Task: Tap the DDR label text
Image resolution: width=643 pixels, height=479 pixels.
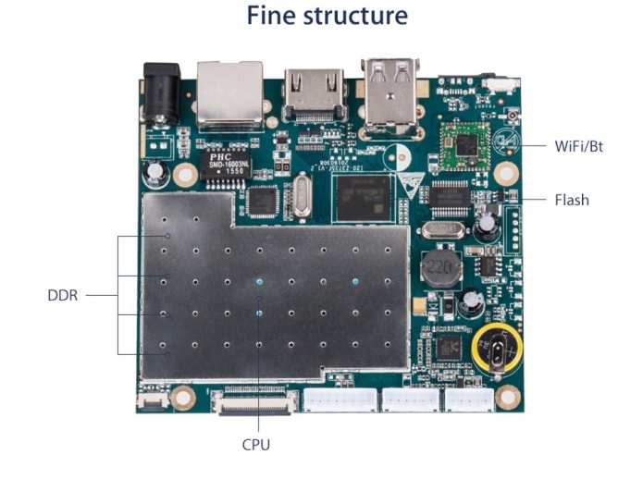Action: [63, 296]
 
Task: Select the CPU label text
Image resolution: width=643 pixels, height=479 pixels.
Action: [256, 444]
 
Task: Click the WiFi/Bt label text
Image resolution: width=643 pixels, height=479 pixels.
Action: [581, 145]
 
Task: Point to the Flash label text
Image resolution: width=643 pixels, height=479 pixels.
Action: [572, 199]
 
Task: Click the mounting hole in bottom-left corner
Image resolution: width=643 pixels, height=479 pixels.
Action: [183, 397]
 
